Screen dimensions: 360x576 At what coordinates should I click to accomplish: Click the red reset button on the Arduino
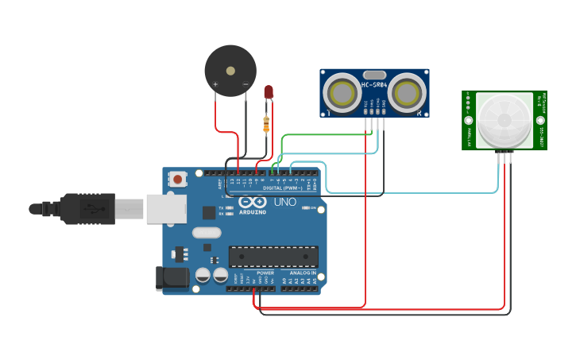click(x=177, y=180)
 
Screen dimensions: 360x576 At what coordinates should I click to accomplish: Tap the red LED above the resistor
click(x=269, y=92)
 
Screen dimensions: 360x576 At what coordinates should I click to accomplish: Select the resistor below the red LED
click(x=266, y=124)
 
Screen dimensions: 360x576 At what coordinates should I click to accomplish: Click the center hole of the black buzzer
click(x=230, y=71)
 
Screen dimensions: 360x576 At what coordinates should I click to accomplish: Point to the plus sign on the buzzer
click(x=215, y=83)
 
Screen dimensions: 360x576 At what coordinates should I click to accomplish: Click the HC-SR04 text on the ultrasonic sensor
click(x=374, y=85)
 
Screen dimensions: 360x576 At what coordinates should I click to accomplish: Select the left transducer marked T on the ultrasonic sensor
click(x=343, y=93)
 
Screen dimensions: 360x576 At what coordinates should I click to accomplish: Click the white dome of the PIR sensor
click(x=503, y=120)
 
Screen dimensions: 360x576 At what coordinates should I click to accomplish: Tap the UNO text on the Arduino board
click(x=285, y=202)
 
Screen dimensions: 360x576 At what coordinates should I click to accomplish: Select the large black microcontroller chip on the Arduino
click(x=273, y=257)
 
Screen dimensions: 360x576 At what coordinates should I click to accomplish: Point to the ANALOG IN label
click(x=302, y=273)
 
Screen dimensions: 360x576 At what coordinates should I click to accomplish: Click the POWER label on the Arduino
click(x=265, y=273)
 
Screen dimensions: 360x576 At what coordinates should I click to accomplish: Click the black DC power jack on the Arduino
click(x=172, y=277)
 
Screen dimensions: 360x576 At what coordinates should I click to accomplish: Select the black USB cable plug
click(x=87, y=209)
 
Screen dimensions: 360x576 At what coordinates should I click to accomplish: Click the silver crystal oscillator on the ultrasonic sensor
click(x=374, y=75)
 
